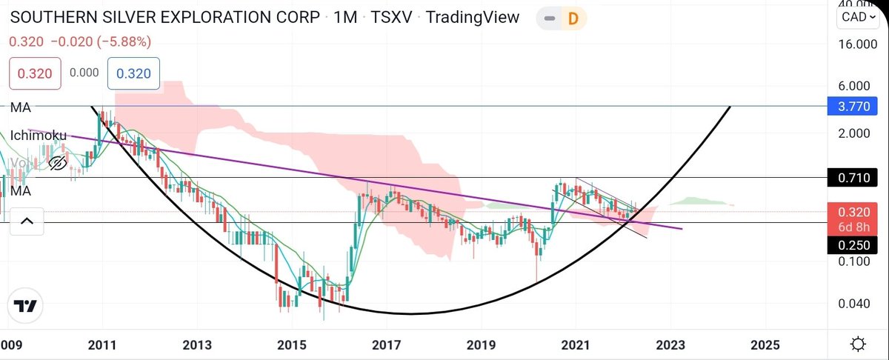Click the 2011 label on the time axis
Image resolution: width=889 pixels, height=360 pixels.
(x=102, y=345)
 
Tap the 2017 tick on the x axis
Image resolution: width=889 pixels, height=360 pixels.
(x=386, y=345)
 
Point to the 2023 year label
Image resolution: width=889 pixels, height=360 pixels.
(x=670, y=345)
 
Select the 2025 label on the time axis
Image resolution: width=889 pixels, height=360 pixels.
(x=765, y=345)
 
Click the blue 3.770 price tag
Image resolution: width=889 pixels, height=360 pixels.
(x=858, y=108)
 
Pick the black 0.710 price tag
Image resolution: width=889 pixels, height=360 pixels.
(x=858, y=179)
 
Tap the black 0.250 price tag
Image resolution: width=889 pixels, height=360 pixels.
(x=858, y=245)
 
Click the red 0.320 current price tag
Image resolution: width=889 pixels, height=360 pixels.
(x=858, y=210)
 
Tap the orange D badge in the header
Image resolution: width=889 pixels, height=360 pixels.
(x=572, y=18)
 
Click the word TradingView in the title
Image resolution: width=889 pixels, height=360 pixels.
(x=473, y=17)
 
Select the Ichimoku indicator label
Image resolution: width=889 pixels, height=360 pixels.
(x=38, y=136)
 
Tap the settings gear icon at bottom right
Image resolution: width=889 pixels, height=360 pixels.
(x=858, y=344)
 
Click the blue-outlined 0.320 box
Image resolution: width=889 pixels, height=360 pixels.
(x=133, y=73)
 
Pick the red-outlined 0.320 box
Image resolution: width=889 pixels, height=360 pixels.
(x=35, y=73)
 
